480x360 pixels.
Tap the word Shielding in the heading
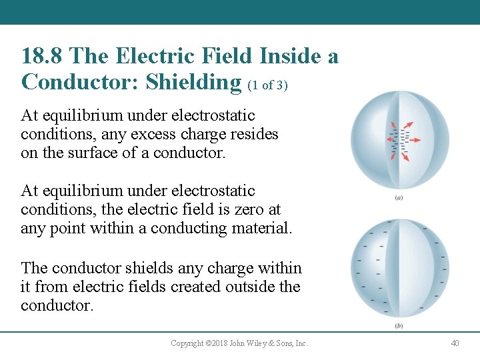pos(194,82)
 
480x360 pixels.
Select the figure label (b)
pos(398,326)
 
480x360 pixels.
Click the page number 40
pos(455,343)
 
